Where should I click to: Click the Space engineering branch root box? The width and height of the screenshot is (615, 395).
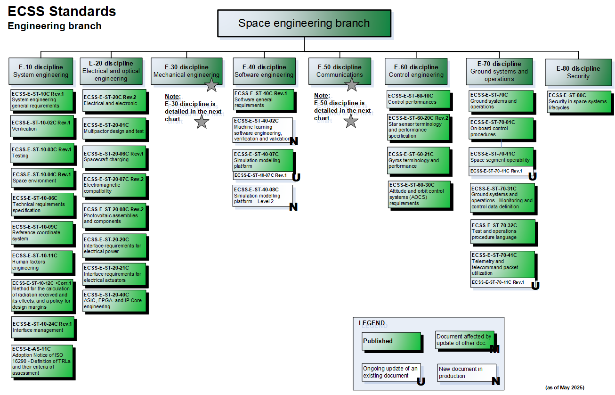[304, 24]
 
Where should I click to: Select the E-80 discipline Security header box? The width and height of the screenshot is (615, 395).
[578, 72]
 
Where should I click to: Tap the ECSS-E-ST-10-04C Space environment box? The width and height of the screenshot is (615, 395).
[42, 178]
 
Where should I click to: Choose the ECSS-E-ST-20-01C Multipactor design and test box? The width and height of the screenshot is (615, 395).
[114, 129]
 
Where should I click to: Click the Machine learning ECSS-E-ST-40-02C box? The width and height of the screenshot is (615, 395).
[263, 130]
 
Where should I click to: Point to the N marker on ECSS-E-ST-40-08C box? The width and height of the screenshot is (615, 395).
[293, 207]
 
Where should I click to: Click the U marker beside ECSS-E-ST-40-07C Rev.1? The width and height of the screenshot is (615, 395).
[296, 177]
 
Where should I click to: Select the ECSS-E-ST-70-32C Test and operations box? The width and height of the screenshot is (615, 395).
[503, 232]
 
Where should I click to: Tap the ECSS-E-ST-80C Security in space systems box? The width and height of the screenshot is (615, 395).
[579, 102]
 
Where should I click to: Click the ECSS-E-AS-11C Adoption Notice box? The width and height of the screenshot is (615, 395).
[42, 361]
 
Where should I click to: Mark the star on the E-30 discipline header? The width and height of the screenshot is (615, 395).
[212, 85]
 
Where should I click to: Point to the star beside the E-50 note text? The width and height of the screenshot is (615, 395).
[351, 121]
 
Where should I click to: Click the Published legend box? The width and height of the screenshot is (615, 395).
[391, 341]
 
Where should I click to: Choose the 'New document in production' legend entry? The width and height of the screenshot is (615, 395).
[467, 373]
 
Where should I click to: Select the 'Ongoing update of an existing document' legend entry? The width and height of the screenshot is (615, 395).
[391, 372]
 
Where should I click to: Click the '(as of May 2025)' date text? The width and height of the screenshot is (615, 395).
[565, 387]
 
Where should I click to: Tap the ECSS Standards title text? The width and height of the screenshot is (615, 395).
[62, 11]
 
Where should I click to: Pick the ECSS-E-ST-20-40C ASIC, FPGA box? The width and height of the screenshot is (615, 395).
[114, 301]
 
